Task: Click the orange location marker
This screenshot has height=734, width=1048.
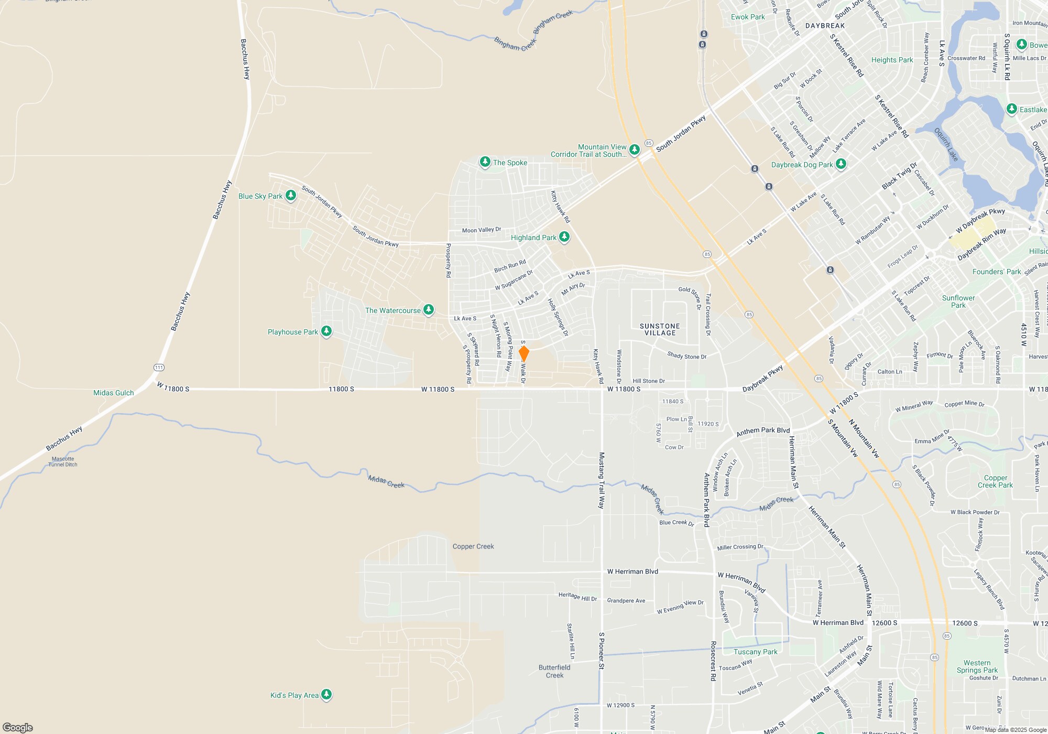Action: coord(523,353)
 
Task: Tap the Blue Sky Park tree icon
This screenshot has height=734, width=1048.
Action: coord(291,196)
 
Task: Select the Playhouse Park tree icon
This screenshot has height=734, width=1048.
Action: coord(326,331)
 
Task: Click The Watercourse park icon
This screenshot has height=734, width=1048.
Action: coord(429,310)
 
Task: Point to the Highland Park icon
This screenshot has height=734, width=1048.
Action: coord(564,237)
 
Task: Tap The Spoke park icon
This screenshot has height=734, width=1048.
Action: coord(485,162)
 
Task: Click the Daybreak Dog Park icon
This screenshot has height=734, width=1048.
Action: coord(841,164)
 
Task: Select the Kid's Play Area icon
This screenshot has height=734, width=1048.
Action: coord(326,695)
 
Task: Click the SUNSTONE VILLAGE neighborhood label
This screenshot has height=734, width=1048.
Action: coord(660,329)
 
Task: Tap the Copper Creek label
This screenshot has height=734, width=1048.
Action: coord(473,546)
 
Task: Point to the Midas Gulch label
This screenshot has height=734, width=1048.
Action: coord(113,393)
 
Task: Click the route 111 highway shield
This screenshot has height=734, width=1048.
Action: coord(159,367)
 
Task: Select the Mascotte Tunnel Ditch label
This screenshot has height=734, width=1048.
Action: coord(63,461)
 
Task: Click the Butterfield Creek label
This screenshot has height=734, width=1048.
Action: coord(554,671)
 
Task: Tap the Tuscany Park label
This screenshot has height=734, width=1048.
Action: coord(755,652)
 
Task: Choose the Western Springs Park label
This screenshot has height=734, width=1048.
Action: coord(977,666)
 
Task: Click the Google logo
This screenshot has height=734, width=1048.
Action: coord(17,727)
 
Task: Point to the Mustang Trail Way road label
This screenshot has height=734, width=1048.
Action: coord(602,480)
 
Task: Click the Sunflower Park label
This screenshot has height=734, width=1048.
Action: coord(958,301)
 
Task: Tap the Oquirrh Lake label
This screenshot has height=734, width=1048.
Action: coord(946,145)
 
